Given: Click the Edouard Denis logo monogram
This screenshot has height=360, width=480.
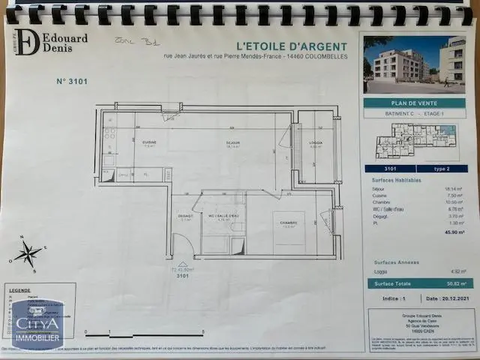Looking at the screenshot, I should point(26,42).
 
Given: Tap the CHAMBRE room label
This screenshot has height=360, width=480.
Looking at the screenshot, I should point(289,223).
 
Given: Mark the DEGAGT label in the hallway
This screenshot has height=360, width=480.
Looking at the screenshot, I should point(185,216).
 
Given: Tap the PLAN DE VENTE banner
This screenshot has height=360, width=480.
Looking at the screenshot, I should point(414,103).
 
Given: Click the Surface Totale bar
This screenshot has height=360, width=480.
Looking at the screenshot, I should point(414,283).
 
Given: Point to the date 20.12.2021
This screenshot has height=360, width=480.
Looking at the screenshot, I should point(448,299).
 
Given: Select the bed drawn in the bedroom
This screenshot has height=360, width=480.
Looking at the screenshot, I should point(288,232).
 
